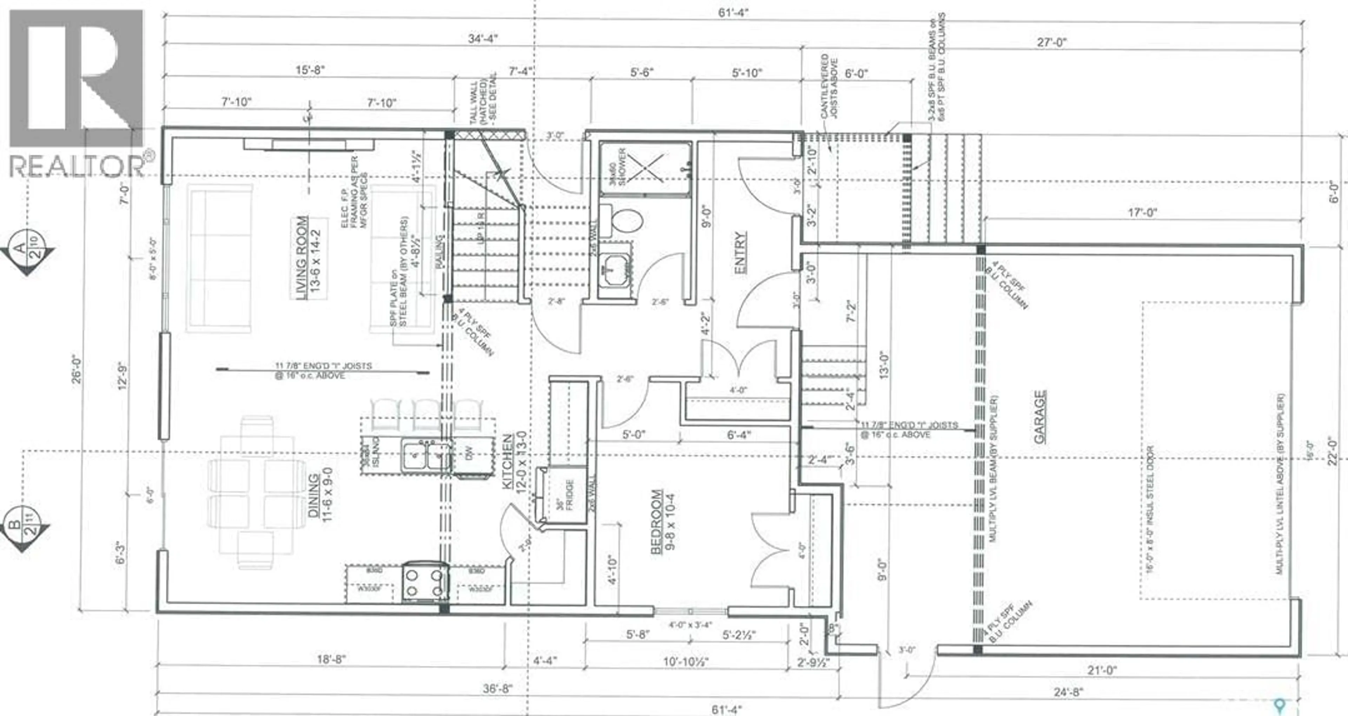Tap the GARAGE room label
tap(1040, 417)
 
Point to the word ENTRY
tap(740, 253)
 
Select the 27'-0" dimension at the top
tap(1051, 42)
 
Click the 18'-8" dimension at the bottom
tap(331, 659)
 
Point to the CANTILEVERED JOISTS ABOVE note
tap(830, 86)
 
